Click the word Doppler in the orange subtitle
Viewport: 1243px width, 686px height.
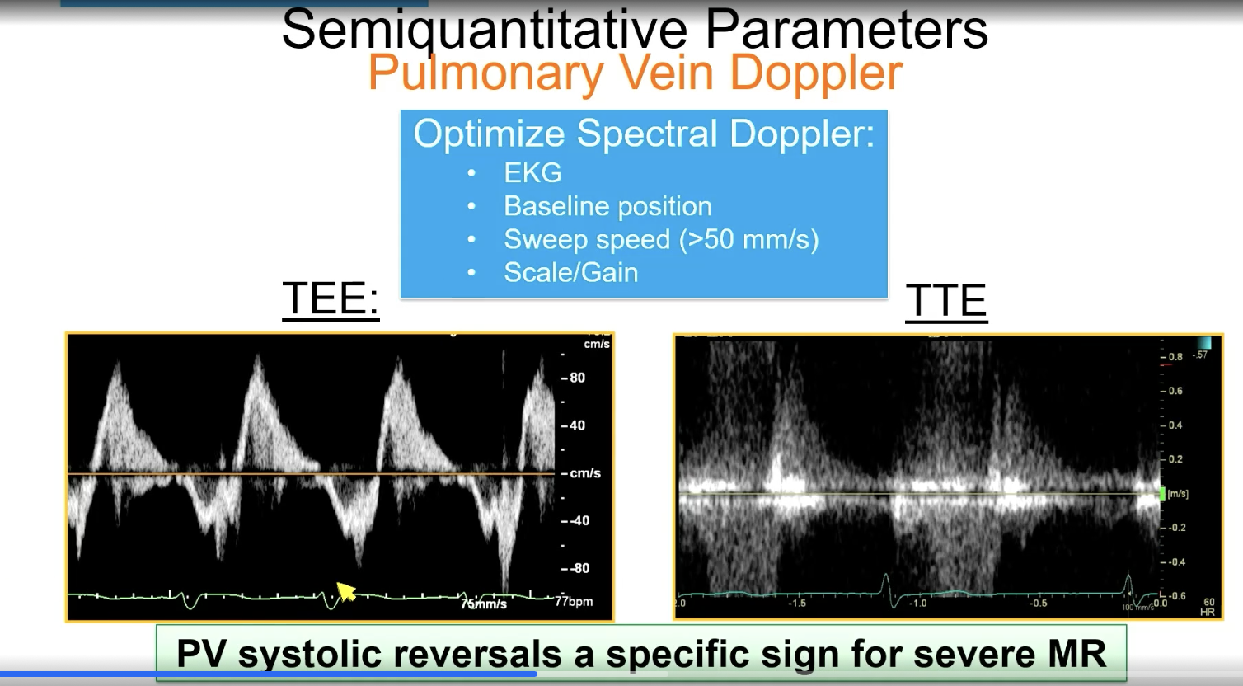pos(816,73)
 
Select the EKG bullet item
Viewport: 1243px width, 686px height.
pos(532,173)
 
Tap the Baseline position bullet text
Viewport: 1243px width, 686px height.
pos(607,206)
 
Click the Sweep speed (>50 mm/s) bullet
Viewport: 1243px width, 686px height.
pos(661,239)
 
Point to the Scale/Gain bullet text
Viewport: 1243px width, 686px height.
pos(570,273)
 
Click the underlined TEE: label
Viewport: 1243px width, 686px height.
pos(330,298)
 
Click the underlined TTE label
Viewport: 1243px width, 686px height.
pos(945,300)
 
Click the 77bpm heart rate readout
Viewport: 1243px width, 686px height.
pos(574,601)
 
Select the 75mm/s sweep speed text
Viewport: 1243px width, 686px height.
pos(484,604)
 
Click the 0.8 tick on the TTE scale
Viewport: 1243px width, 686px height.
pos(1175,357)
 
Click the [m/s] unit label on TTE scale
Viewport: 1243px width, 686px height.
pos(1178,494)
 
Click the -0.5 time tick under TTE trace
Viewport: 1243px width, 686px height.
pos(1038,604)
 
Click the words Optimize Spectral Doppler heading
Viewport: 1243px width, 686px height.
pos(643,134)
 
